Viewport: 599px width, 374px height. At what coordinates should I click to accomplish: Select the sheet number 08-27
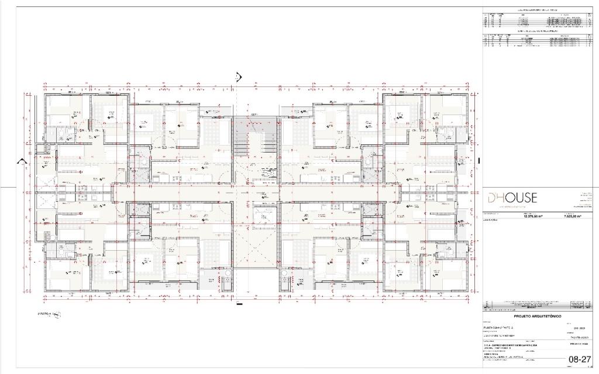(578, 359)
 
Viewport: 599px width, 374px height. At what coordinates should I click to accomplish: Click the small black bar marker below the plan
(239, 303)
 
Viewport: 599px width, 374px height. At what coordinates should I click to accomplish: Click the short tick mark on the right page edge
(478, 161)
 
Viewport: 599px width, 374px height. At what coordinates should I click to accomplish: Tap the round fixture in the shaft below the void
(284, 273)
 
